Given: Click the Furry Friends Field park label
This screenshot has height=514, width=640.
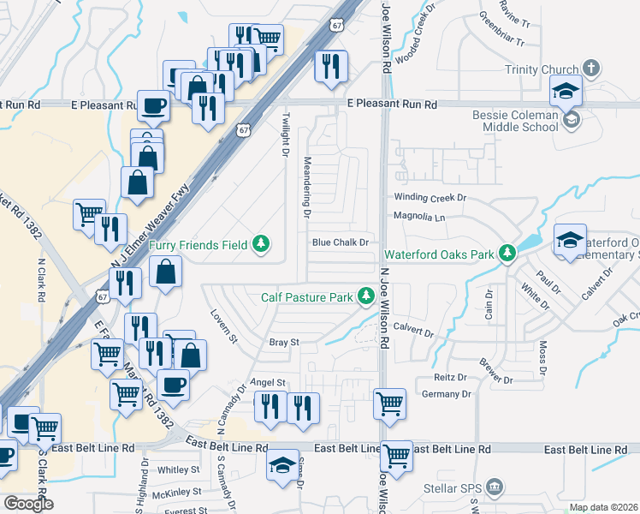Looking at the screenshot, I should coord(199,245).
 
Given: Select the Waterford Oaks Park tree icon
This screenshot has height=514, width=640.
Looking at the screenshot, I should coord(508,253).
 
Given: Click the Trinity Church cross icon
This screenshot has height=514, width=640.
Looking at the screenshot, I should coord(590,69).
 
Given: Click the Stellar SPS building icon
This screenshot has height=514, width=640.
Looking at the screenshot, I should coord(494,487).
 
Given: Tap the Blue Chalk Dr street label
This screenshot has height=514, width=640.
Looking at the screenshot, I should coord(340,242).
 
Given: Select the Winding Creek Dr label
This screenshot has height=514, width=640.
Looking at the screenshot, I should coord(429,197).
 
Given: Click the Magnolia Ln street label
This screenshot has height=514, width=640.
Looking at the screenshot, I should coord(419,217).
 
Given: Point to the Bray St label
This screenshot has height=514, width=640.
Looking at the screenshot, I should coord(283,342).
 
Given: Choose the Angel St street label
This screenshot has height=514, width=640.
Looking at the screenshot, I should coord(267,382).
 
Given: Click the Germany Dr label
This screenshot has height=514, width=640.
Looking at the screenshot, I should coord(447,394).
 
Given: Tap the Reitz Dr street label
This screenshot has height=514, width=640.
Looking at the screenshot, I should coord(449,377).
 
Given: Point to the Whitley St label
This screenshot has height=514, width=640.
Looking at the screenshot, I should coord(178,469).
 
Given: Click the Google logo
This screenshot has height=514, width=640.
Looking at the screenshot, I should coord(28,504).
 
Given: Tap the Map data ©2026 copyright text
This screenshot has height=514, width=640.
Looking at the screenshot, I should coord(603,507).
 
